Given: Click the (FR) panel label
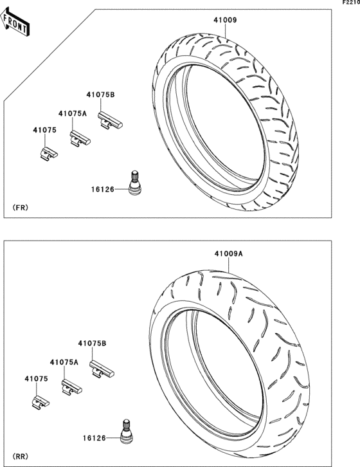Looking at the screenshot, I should tap(21, 208).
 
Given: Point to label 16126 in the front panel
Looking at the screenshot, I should tap(103, 189).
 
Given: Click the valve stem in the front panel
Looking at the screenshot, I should tap(134, 182).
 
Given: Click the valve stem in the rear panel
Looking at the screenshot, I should tap(127, 430).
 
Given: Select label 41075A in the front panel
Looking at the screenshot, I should tap(72, 113).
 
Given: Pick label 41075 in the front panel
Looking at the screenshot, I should tap(45, 131).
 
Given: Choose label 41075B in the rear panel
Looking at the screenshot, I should tap(93, 344).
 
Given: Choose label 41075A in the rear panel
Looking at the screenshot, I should tap(64, 362).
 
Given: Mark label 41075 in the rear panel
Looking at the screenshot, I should tap(37, 380).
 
